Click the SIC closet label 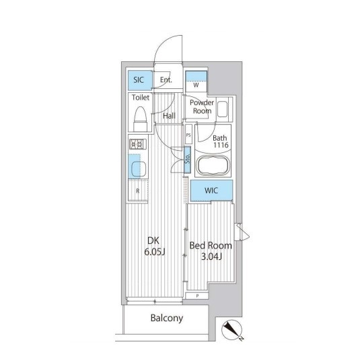(139, 80)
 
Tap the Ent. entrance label (166, 80)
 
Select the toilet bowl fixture (140, 119)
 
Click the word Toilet (141, 97)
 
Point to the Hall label (169, 116)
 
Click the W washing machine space (196, 81)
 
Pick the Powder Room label (202, 106)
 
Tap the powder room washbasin (223, 109)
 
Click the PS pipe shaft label (188, 135)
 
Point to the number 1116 (221, 145)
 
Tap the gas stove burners (138, 144)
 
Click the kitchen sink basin (139, 169)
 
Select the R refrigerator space (138, 191)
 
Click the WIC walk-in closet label (211, 191)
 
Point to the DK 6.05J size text (154, 246)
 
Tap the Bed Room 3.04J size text (211, 251)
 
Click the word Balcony (167, 319)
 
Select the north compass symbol (232, 329)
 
